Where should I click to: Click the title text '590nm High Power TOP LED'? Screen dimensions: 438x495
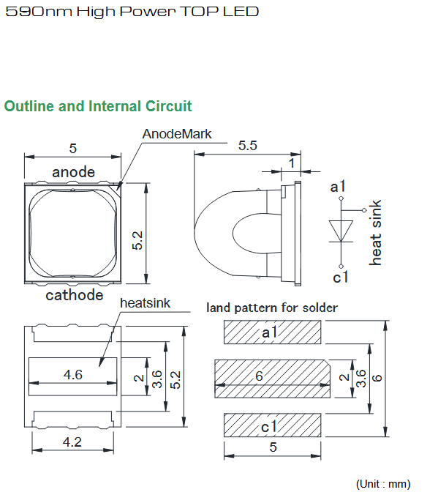[132, 12]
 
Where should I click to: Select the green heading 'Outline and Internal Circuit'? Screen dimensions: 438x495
[98, 106]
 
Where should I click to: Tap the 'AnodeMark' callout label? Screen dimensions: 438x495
[177, 134]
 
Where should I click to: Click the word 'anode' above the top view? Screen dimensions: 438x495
[73, 172]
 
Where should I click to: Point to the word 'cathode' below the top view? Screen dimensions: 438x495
[75, 295]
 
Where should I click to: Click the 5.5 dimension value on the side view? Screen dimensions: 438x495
[248, 146]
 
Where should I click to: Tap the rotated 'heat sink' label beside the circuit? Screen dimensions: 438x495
[375, 232]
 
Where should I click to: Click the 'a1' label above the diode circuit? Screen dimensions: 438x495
[338, 186]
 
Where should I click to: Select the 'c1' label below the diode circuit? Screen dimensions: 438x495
[341, 278]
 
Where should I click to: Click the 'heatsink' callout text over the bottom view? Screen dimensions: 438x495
[145, 303]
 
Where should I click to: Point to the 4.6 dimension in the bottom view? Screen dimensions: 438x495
[73, 375]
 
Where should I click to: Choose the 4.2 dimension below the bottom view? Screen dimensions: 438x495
[72, 442]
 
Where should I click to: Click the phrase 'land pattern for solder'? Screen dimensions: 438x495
[272, 308]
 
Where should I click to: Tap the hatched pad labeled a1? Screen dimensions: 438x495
[273, 332]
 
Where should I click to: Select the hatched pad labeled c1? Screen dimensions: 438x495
[273, 425]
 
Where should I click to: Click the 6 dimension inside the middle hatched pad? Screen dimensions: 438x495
[259, 376]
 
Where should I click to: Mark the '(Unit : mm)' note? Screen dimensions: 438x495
[383, 484]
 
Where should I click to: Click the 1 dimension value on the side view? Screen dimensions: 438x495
[292, 163]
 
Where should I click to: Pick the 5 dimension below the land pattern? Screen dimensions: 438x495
[273, 447]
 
